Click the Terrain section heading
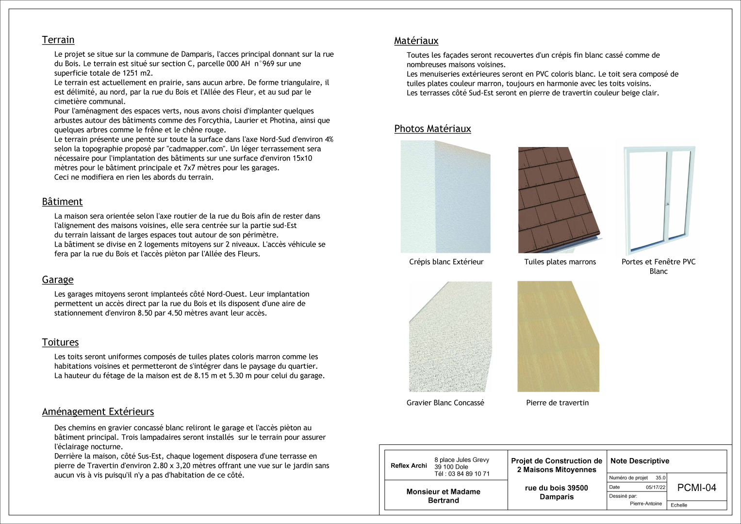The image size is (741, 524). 58,40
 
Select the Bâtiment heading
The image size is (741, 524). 62,201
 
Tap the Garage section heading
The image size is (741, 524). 58,279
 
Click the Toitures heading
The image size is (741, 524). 60,342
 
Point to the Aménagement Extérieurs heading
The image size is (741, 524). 98,411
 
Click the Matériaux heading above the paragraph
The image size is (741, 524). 416,41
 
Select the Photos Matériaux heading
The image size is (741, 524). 432,129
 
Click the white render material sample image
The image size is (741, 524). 445,197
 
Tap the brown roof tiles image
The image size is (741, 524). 559,200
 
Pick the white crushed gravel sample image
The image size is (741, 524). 450,337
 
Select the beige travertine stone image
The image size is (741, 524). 558,336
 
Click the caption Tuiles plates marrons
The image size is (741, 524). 560,262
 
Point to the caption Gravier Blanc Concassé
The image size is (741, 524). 445,403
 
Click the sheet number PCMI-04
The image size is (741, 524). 696,488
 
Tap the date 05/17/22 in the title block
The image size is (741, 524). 656,487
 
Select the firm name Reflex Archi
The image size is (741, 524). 409,466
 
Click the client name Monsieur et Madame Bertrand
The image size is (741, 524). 444,496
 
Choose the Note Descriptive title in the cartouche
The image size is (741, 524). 640,461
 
